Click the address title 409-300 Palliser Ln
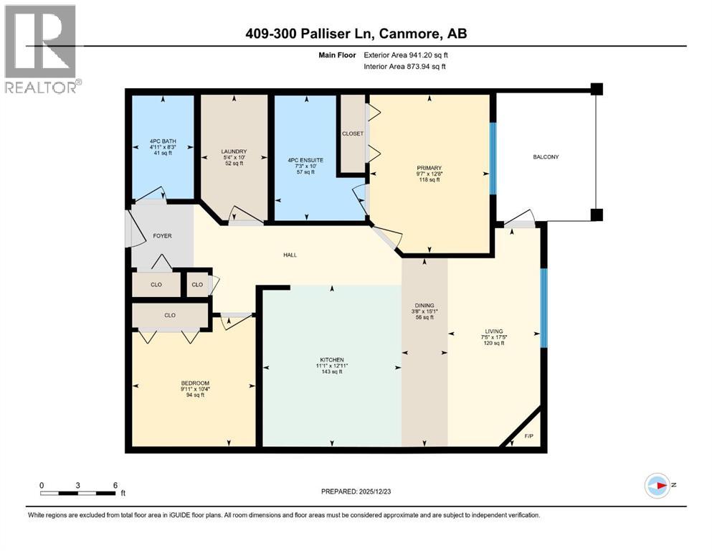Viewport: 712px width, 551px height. coord(356,34)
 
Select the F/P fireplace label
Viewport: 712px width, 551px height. coord(529,435)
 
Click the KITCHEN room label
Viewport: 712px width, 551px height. coord(332,359)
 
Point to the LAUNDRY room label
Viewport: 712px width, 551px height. coord(234,151)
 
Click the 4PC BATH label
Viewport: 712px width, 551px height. coord(163,140)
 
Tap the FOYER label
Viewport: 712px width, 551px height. coord(162,236)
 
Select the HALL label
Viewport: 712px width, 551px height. coord(290,255)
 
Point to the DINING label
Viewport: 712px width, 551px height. coord(424,306)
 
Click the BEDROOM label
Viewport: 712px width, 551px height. coord(195,383)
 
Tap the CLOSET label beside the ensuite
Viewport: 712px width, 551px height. coord(353,133)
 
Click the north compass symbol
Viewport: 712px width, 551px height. coord(657,486)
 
